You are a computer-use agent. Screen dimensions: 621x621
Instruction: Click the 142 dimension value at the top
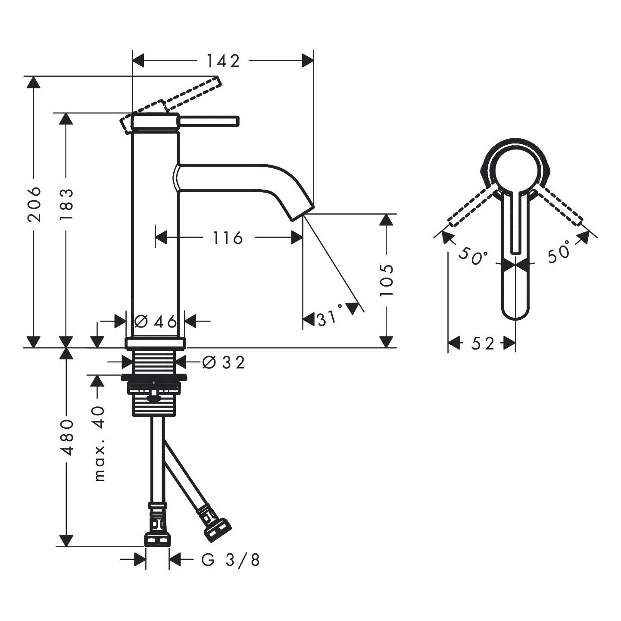coord(223,61)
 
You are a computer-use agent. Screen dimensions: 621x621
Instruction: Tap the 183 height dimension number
coord(66,204)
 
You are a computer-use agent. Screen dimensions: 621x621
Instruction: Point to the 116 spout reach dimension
coord(228,237)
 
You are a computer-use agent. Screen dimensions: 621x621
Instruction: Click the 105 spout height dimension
coord(387,280)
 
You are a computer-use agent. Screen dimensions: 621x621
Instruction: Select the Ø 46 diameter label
coord(156,321)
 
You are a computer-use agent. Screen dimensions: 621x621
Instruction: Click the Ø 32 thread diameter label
coord(224,362)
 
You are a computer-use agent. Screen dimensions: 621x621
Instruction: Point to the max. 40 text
coord(100,443)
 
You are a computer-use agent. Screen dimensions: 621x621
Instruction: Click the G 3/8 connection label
coord(231,560)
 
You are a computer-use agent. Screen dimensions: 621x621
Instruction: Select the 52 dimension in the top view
coord(482,343)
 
